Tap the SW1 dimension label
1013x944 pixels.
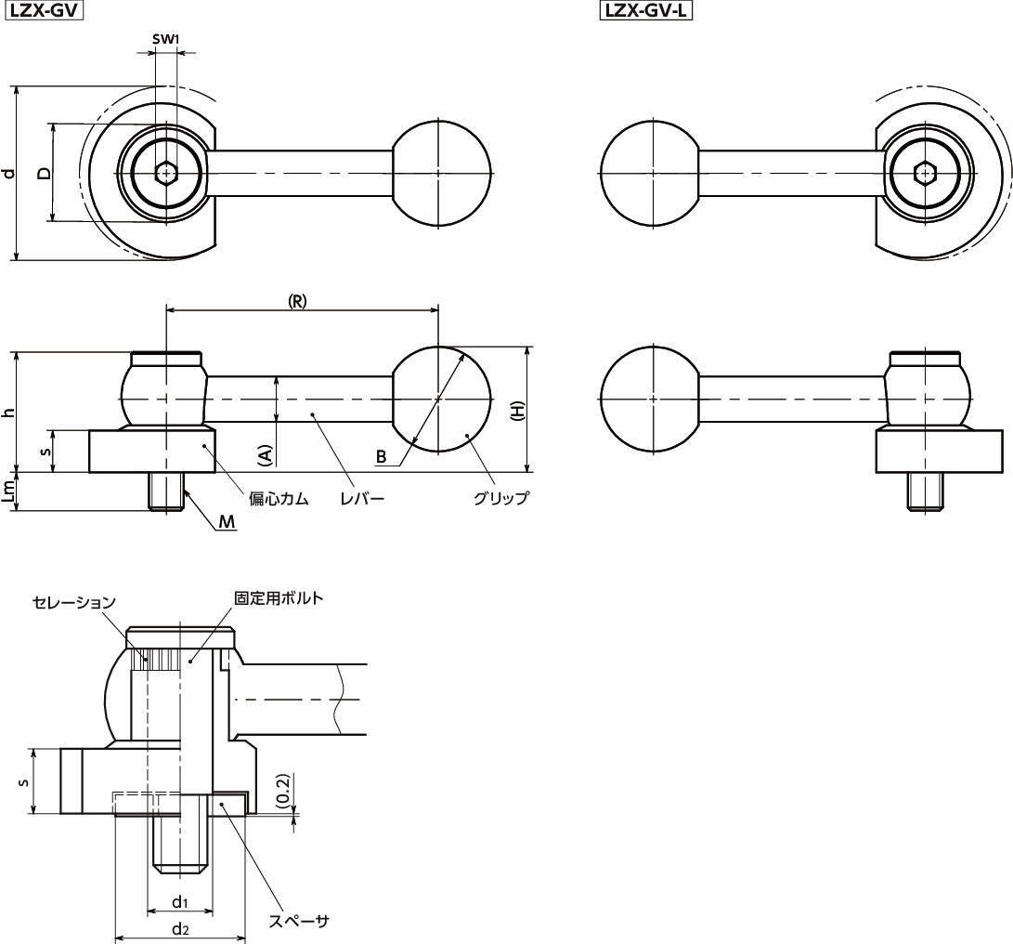[x=165, y=39]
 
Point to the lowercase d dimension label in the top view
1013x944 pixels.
[x=8, y=173]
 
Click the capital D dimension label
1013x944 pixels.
[x=44, y=173]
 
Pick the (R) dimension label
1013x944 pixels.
[x=296, y=301]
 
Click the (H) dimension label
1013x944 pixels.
[x=518, y=411]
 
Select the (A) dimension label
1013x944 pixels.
[x=265, y=456]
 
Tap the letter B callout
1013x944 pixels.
[x=382, y=456]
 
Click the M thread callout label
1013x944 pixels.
[x=227, y=522]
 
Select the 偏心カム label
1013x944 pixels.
[x=279, y=499]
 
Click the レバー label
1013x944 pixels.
[x=362, y=499]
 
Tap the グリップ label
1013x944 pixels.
[x=500, y=498]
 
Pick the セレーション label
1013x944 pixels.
[x=74, y=603]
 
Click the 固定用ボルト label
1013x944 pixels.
[x=279, y=598]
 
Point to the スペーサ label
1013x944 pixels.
[x=298, y=921]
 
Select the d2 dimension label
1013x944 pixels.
[x=180, y=929]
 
